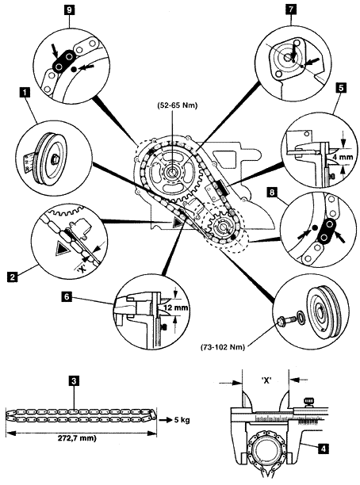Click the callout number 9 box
[69, 10]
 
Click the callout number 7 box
[291, 10]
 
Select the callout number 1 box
[25, 92]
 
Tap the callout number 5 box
[341, 88]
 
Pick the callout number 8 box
[272, 193]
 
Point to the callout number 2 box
[12, 277]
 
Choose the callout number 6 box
[67, 297]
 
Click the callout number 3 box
[74, 381]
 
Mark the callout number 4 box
[324, 449]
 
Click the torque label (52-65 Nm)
[178, 105]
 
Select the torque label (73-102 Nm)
[223, 347]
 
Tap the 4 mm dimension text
[343, 157]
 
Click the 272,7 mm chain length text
[77, 438]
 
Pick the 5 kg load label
[181, 420]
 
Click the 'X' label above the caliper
[266, 380]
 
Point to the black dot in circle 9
[74, 70]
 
